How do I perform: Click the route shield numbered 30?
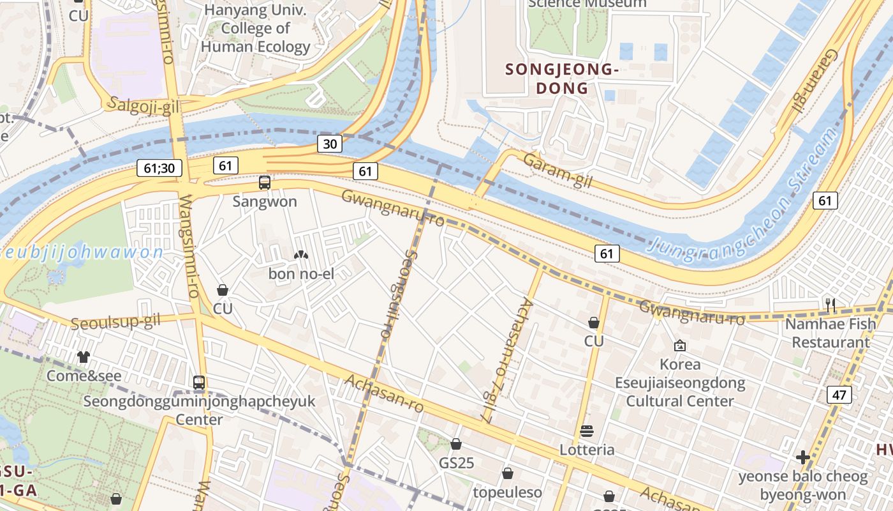(330, 144)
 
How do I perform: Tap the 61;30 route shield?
(159, 169)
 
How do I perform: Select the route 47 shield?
(839, 395)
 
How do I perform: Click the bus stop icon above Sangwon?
(264, 183)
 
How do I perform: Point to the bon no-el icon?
(300, 255)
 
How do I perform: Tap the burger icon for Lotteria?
(587, 431)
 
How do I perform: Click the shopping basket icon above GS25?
(456, 444)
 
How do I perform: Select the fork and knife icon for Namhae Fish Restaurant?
(830, 305)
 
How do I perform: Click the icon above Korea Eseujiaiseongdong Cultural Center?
(680, 346)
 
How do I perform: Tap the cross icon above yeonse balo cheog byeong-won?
(803, 457)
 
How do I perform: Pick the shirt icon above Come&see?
(84, 357)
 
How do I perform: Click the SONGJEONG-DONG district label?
(562, 79)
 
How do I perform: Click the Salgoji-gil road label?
(144, 105)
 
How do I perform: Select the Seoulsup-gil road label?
(115, 323)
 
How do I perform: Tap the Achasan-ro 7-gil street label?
(506, 361)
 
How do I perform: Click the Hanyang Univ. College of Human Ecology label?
(255, 29)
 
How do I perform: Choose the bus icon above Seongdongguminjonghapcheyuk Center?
(199, 383)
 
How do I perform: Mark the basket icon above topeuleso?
(508, 473)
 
